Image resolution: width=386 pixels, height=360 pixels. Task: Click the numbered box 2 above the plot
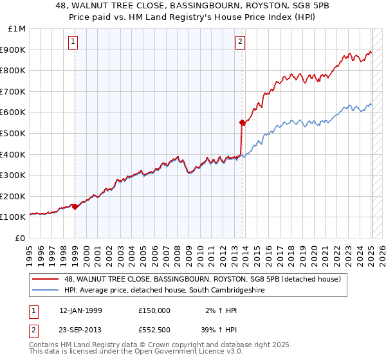click(x=240, y=42)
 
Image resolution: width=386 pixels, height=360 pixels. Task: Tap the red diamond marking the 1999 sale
click(x=75, y=206)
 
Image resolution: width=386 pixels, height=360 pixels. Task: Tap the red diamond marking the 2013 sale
click(x=242, y=122)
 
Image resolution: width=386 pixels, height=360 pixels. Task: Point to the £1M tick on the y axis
click(x=17, y=29)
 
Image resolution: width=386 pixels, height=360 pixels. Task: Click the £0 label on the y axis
click(x=20, y=238)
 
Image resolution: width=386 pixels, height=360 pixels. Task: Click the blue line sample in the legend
click(x=46, y=290)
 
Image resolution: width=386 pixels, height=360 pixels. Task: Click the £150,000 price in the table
click(x=154, y=310)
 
